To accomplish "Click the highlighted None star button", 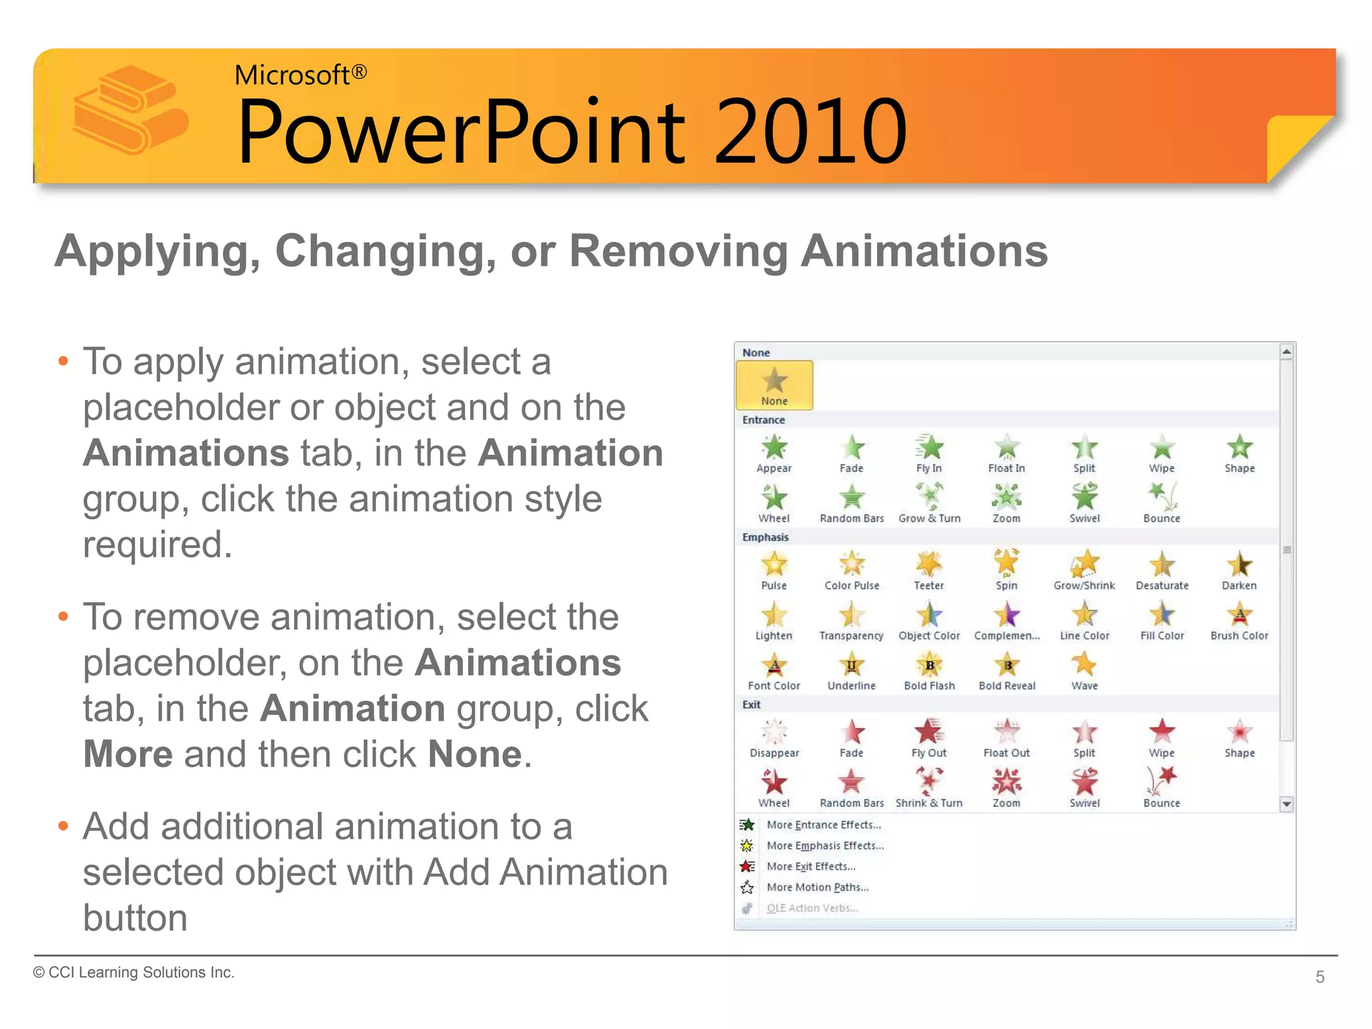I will pos(774,385).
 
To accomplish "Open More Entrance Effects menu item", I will pos(823,825).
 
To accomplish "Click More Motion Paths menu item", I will pos(817,887).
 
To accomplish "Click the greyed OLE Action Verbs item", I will pos(812,908).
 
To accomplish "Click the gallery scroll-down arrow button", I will pos(1286,804).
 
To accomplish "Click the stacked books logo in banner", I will pos(131,111).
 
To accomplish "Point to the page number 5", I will pos(1320,977).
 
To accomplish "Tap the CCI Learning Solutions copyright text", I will pos(134,972).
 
